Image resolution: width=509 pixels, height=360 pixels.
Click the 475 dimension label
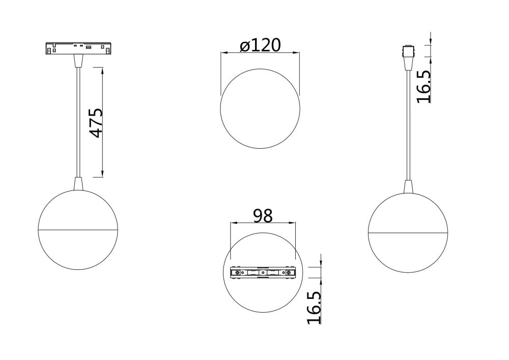click(x=96, y=122)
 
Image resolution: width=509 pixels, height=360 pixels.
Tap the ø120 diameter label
click(x=260, y=45)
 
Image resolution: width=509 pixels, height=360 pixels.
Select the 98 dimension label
click(x=263, y=215)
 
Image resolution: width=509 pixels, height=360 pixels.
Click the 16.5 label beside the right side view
click(x=424, y=87)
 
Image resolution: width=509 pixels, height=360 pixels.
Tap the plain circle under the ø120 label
click(x=260, y=109)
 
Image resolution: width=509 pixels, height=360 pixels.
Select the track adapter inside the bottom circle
click(x=263, y=273)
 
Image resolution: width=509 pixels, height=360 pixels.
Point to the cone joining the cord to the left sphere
click(x=78, y=183)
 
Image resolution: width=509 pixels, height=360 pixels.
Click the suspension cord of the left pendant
click(x=78, y=122)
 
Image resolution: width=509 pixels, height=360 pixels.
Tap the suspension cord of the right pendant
click(x=408, y=127)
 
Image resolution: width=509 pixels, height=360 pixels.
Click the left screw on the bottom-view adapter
click(x=237, y=273)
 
